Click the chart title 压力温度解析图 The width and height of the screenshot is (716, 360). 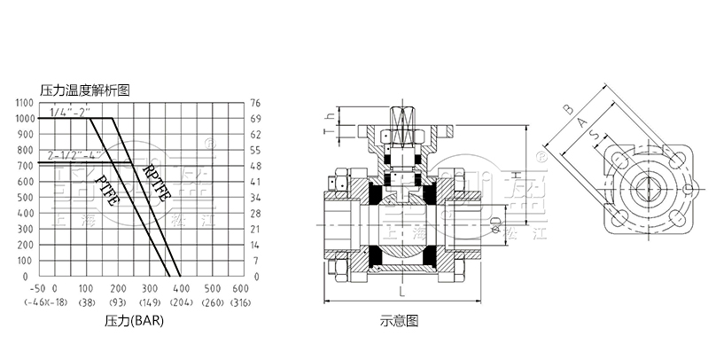click(85, 90)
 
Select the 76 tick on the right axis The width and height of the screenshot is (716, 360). click(256, 102)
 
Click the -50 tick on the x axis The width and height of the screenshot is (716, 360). click(37, 289)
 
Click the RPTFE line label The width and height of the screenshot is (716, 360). click(154, 181)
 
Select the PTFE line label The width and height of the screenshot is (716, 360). click(105, 189)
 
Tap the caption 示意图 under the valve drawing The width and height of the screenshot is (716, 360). click(399, 319)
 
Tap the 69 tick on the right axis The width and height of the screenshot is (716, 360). click(256, 118)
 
